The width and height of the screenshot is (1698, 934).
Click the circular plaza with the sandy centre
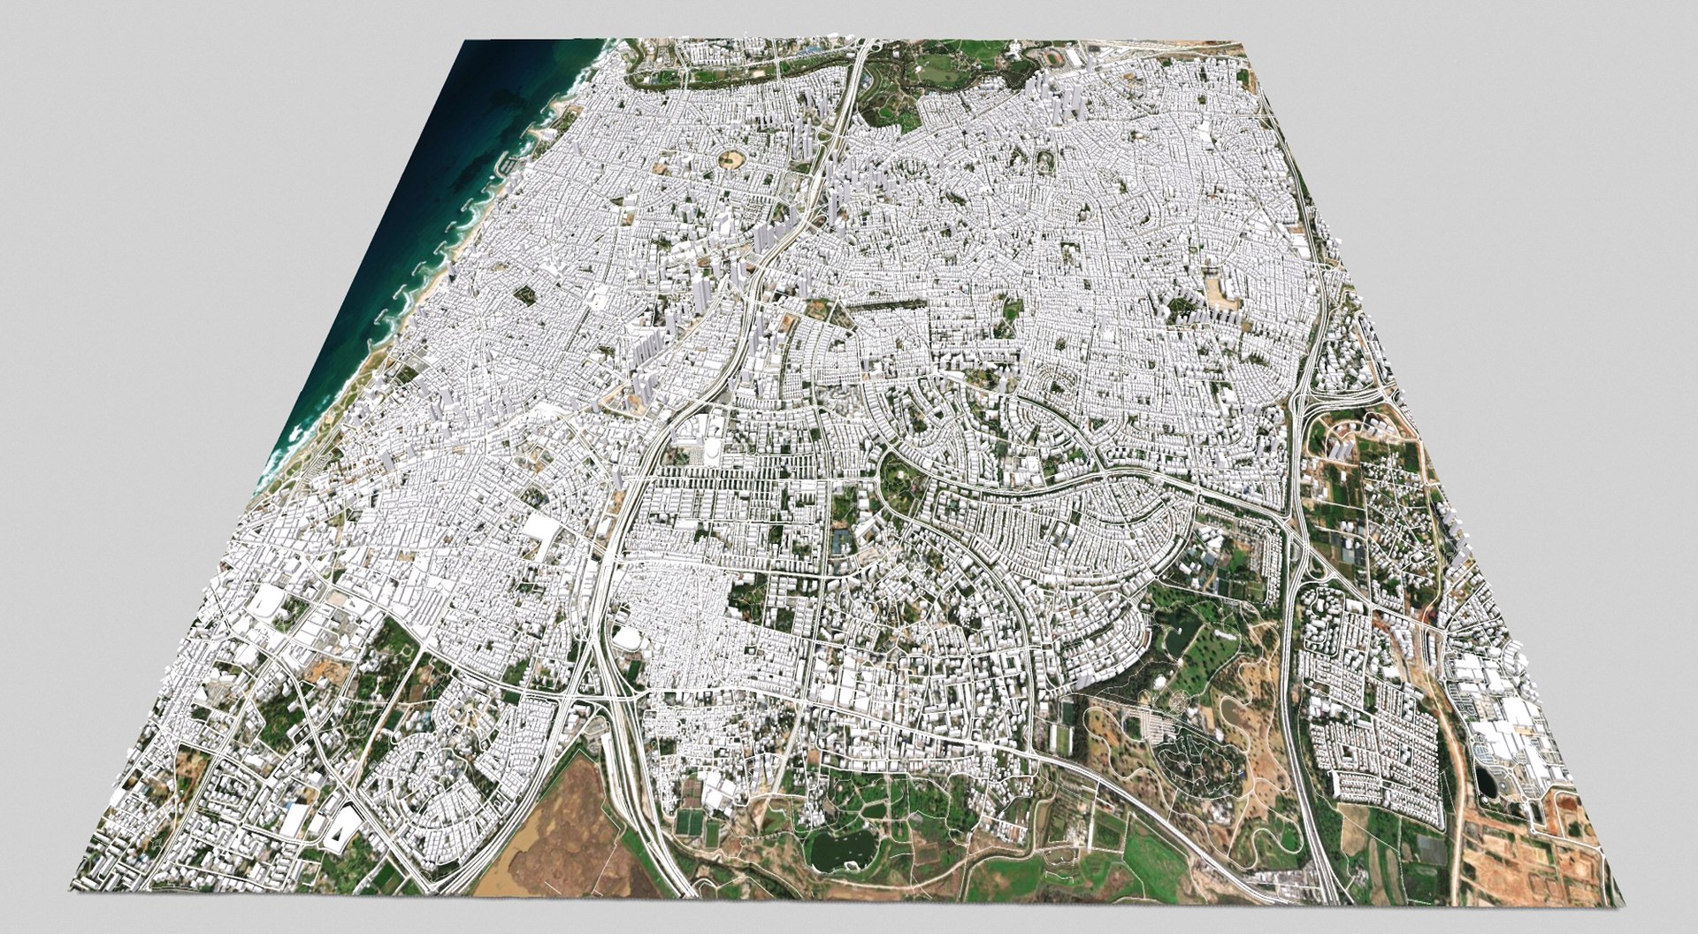click(x=731, y=160)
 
